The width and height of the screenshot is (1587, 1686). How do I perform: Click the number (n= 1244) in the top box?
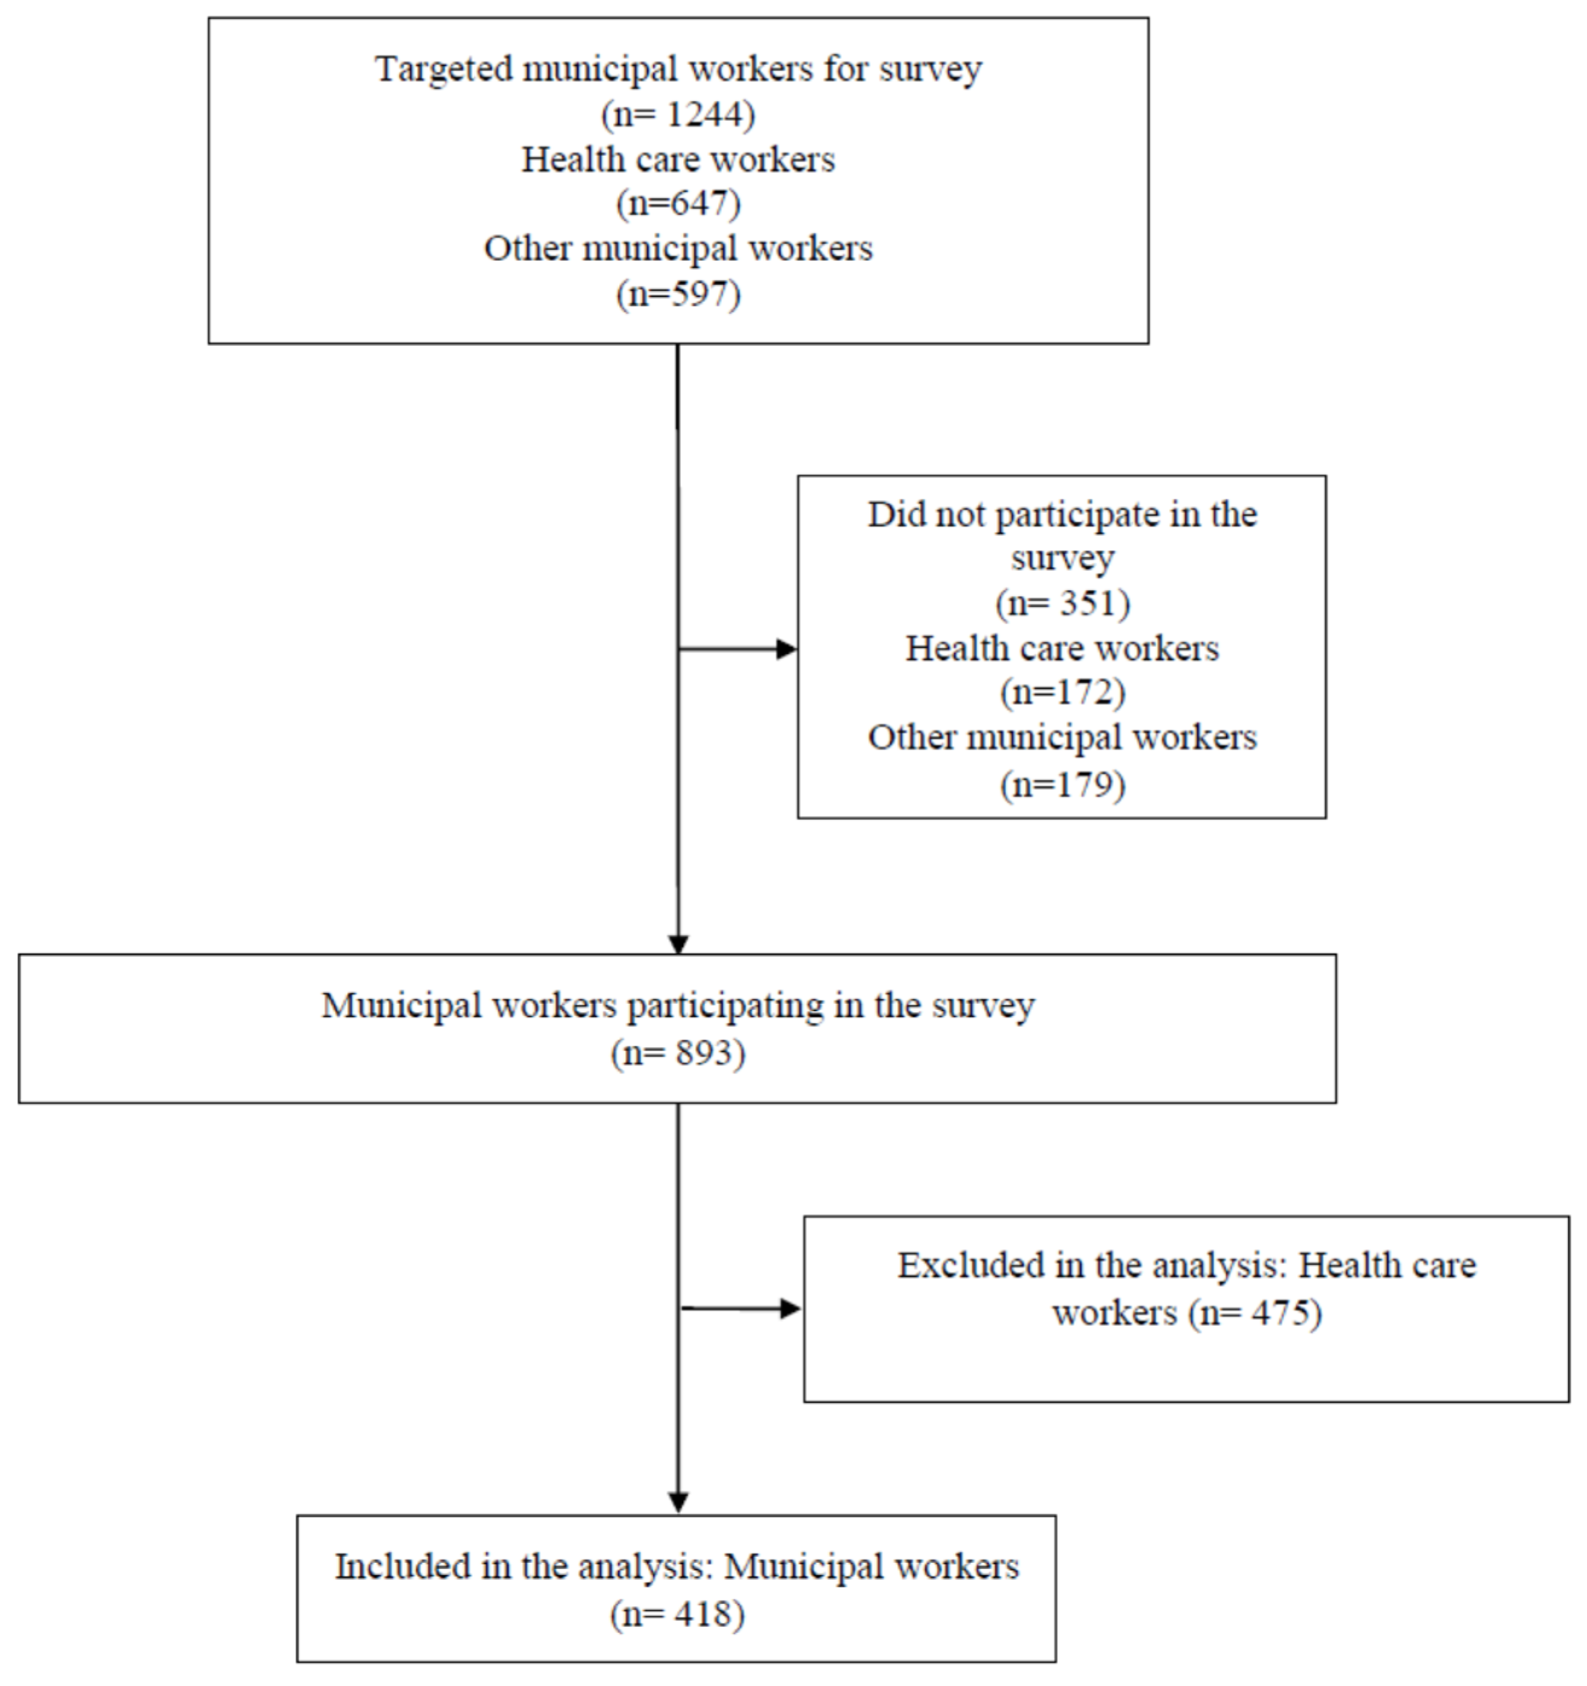(677, 114)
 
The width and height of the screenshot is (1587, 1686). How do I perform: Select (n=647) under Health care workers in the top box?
(677, 204)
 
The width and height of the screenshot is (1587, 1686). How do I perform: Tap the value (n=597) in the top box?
(677, 294)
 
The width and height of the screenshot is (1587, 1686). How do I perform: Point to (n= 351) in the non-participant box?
(1062, 603)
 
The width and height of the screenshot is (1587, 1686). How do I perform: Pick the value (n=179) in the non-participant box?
(1062, 784)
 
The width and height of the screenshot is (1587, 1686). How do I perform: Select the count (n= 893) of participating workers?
(677, 1053)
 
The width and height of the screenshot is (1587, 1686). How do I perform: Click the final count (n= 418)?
(677, 1614)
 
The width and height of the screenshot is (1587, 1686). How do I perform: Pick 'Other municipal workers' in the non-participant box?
(1062, 737)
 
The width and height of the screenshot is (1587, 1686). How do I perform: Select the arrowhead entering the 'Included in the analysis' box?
(677, 1502)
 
